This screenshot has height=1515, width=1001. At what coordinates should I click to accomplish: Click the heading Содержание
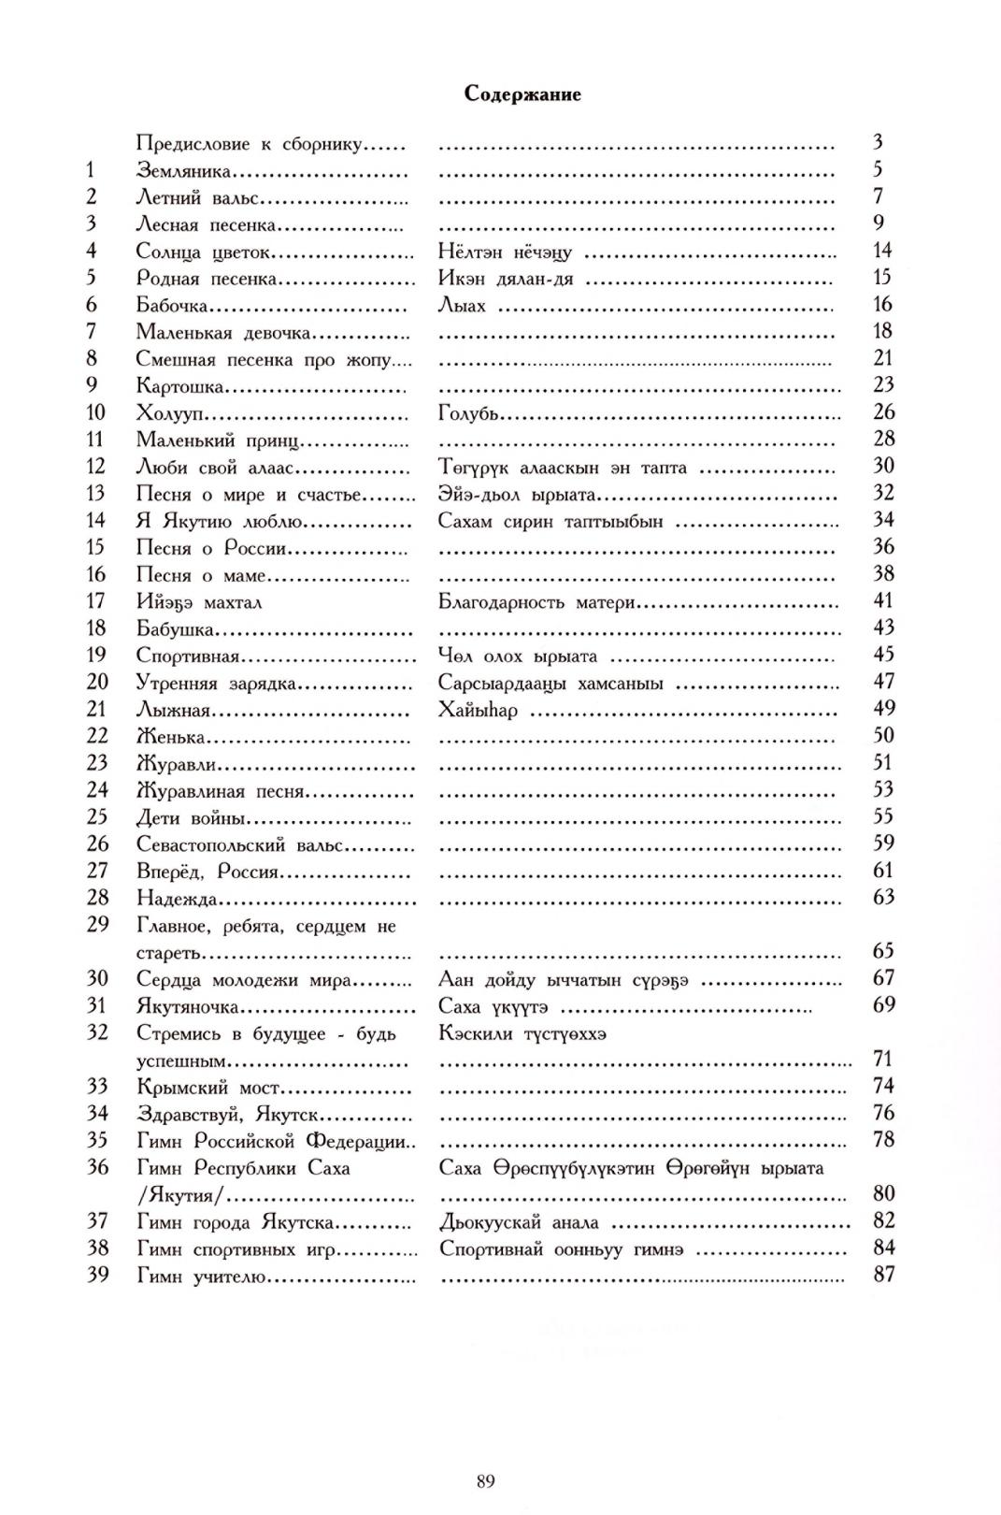pyautogui.click(x=522, y=94)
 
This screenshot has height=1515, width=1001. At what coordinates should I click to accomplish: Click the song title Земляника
pyautogui.click(x=182, y=171)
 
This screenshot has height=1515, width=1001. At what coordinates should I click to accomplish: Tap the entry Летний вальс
pyautogui.click(x=197, y=198)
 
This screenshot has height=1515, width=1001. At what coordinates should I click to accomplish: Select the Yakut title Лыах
pyautogui.click(x=462, y=306)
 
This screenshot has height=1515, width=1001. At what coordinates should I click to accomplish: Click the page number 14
pyautogui.click(x=881, y=251)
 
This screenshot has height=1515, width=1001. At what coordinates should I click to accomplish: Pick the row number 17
pyautogui.click(x=97, y=601)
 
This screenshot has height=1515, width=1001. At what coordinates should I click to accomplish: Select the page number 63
pyautogui.click(x=882, y=898)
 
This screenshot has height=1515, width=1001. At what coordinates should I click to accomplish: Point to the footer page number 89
pyautogui.click(x=484, y=1480)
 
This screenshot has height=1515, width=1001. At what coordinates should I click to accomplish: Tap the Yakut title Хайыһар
pyautogui.click(x=477, y=710)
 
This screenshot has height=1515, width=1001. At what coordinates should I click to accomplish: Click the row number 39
pyautogui.click(x=97, y=1275)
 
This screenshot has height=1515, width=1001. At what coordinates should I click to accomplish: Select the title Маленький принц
pyautogui.click(x=217, y=440)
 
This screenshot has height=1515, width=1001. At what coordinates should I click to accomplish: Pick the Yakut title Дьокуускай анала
pyautogui.click(x=518, y=1222)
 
